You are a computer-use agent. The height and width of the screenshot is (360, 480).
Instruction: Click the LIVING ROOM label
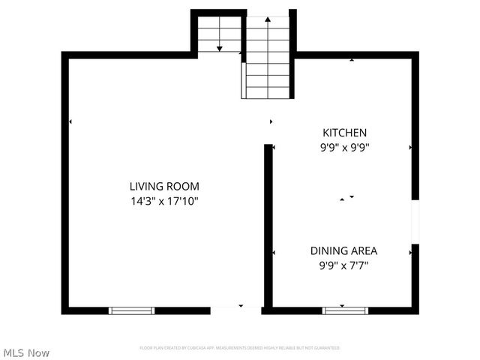coord(164,186)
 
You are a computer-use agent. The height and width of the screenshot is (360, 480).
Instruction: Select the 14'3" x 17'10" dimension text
coord(164,200)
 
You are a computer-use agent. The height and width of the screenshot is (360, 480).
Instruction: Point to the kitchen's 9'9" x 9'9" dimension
coord(344,147)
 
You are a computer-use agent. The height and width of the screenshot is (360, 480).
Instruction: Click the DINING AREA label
coord(344,250)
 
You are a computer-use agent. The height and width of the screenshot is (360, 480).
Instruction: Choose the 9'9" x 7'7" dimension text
coord(344,265)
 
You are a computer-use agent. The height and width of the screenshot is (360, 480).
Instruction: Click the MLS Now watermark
coord(26,352)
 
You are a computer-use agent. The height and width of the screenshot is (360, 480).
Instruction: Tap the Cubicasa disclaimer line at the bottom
coord(240,348)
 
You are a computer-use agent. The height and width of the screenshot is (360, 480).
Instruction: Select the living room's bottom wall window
coord(132,310)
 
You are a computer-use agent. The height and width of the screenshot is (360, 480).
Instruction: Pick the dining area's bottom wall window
coord(345,310)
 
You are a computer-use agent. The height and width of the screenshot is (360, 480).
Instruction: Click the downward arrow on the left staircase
coord(220,48)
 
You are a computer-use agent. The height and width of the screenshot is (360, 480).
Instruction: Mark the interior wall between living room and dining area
coord(268,225)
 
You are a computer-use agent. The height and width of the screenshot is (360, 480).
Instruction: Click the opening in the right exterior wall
coord(415,221)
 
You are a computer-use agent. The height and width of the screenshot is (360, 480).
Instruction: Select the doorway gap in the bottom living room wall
coord(236,310)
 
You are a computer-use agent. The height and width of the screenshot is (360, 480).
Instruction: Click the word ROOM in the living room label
coord(184,186)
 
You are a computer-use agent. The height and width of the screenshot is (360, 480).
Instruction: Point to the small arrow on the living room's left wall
coord(70,121)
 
